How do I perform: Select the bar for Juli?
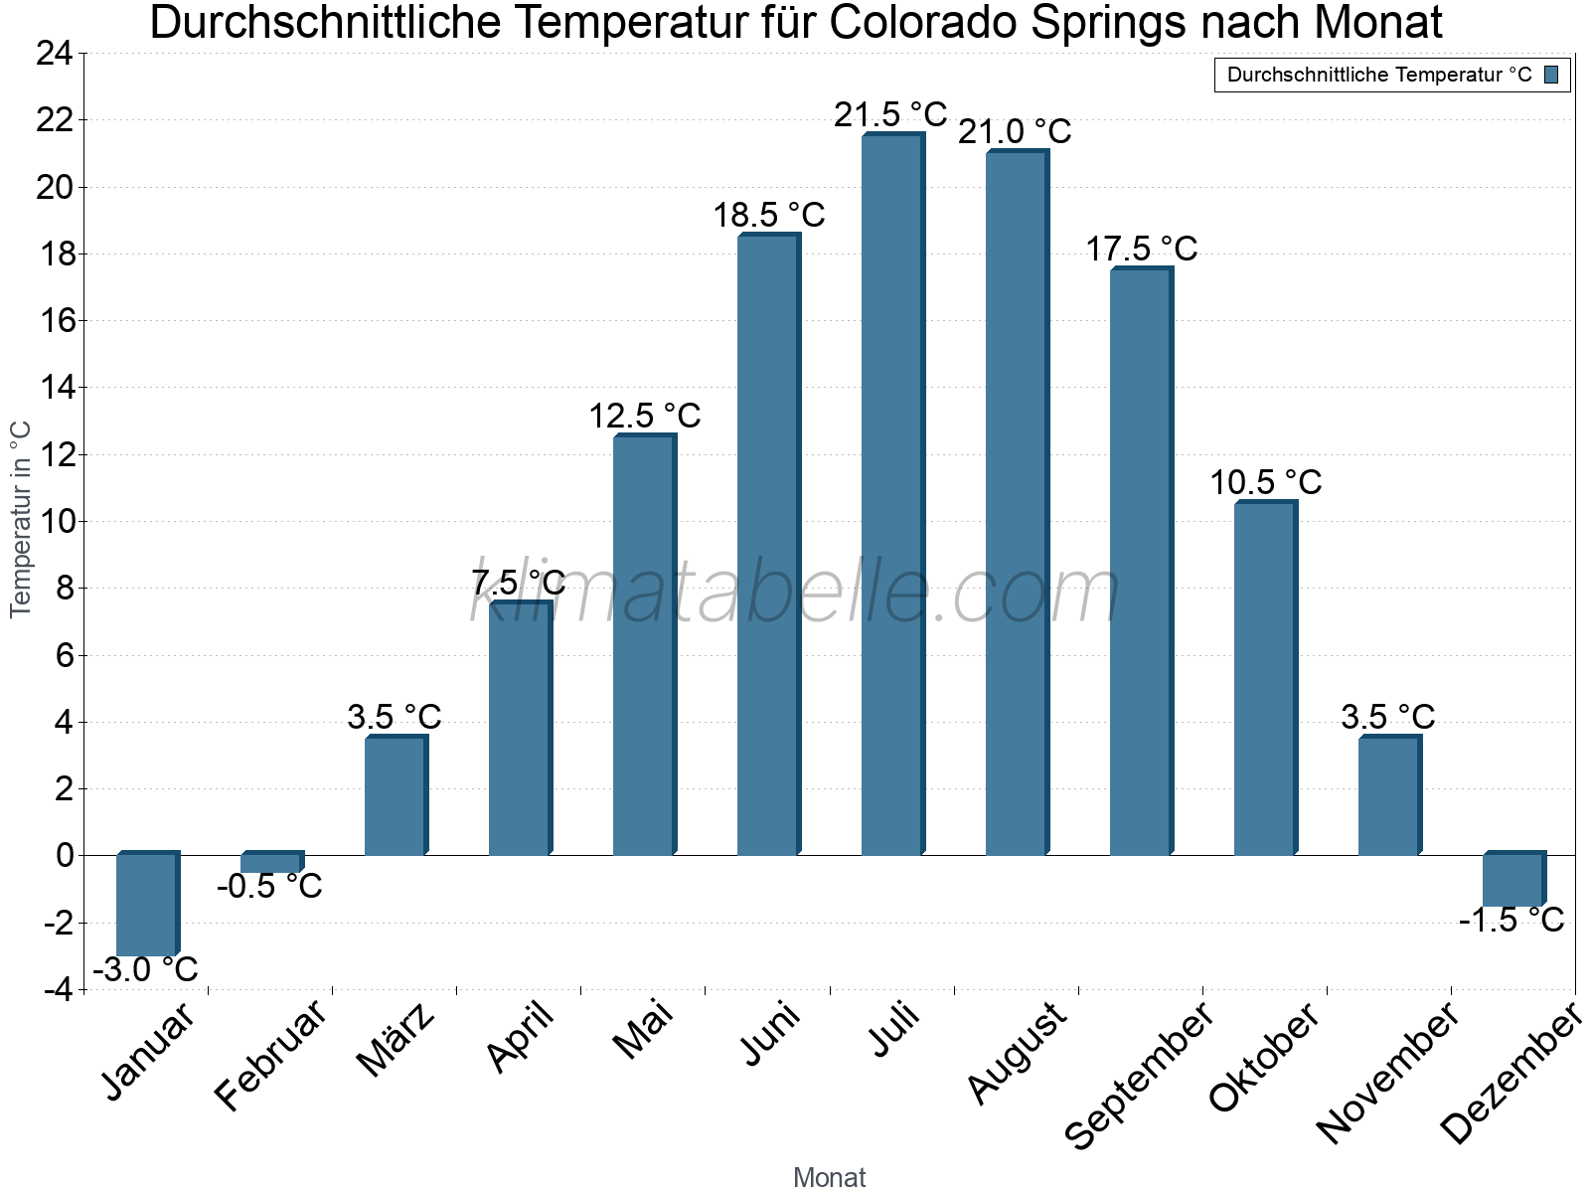pyautogui.click(x=891, y=497)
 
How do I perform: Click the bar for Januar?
pyautogui.click(x=146, y=905)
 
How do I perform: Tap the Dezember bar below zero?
pyautogui.click(x=1512, y=880)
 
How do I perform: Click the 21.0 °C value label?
pyautogui.click(x=1015, y=131)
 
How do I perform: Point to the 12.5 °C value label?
pyautogui.click(x=645, y=416)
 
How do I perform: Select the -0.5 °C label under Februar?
pyautogui.click(x=269, y=886)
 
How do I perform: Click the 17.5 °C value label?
pyautogui.click(x=1141, y=249)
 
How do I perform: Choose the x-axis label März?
pyautogui.click(x=396, y=1040)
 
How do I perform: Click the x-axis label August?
pyautogui.click(x=1017, y=1053)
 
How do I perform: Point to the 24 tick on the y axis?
pyautogui.click(x=55, y=54)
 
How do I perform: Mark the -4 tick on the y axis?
pyautogui.click(x=57, y=989)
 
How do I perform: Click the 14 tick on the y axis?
pyautogui.click(x=55, y=388)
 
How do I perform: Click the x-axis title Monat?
pyautogui.click(x=830, y=1177)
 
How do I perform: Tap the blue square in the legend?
pyautogui.click(x=1551, y=75)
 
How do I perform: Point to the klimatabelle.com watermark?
pyautogui.click(x=795, y=593)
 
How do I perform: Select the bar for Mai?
pyautogui.click(x=643, y=646)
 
